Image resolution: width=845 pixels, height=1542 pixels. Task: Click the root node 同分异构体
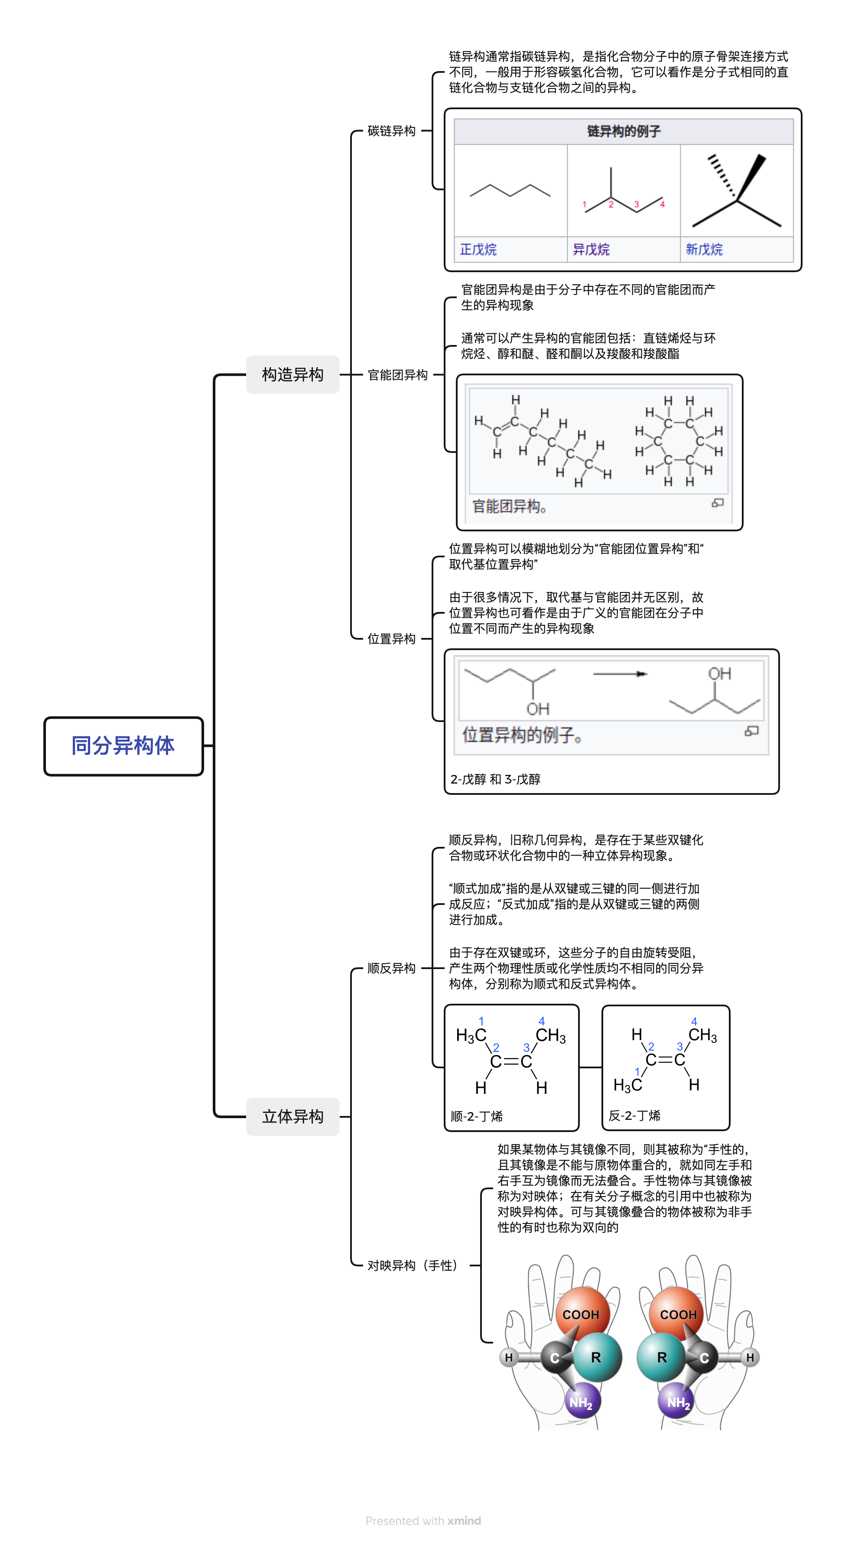pyautogui.click(x=123, y=746)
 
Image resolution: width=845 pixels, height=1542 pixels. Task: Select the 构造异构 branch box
pyautogui.click(x=292, y=375)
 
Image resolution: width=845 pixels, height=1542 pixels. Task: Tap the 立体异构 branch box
pyautogui.click(x=292, y=1116)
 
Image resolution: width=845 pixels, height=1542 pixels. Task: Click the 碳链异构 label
pyautogui.click(x=391, y=131)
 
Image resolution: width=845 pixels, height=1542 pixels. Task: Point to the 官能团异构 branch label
pyautogui.click(x=397, y=375)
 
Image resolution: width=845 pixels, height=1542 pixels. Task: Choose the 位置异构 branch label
pyautogui.click(x=391, y=639)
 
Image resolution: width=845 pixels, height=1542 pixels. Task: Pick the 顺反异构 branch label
pyautogui.click(x=391, y=968)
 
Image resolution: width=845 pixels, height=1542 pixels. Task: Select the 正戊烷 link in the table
pyautogui.click(x=478, y=249)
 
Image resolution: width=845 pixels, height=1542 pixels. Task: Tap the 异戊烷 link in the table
pyautogui.click(x=591, y=249)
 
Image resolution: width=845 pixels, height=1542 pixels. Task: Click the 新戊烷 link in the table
pyautogui.click(x=704, y=249)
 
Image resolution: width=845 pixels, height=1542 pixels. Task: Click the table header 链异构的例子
pyautogui.click(x=624, y=131)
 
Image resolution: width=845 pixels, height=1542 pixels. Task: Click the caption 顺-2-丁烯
pyautogui.click(x=476, y=1116)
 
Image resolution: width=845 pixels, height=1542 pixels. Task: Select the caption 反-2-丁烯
pyautogui.click(x=634, y=1115)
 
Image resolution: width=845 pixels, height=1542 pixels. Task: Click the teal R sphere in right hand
pyautogui.click(x=661, y=1357)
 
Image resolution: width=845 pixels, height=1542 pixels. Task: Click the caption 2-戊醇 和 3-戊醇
pyautogui.click(x=495, y=779)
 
